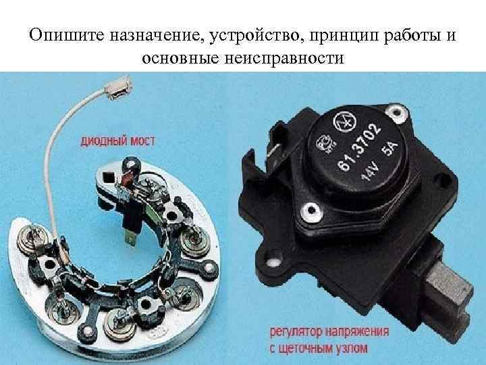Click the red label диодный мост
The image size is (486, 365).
[117, 141]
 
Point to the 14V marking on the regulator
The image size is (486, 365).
[369, 173]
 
